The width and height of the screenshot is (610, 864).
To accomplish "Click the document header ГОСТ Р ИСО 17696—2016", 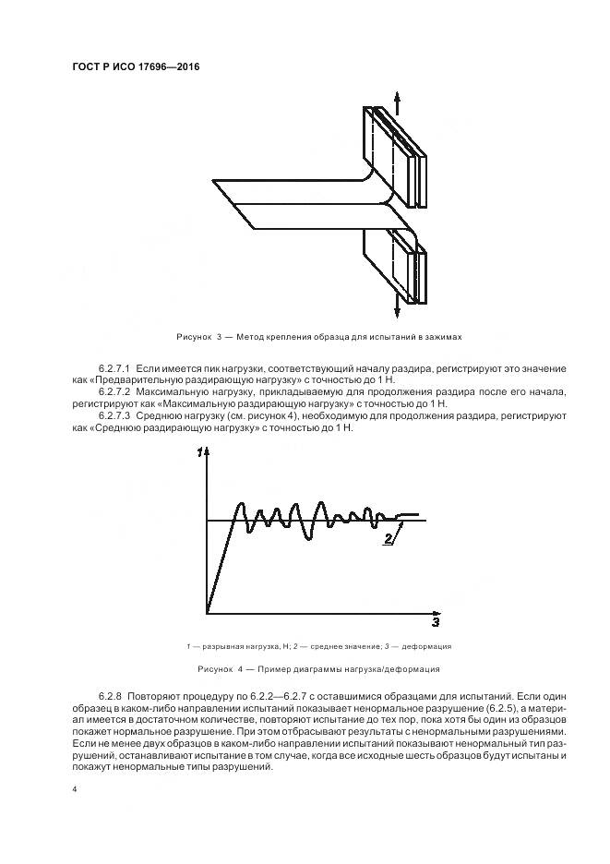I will point(135,67).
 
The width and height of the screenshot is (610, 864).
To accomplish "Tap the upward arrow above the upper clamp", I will point(397,99).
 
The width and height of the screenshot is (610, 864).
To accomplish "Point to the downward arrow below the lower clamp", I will point(397,312).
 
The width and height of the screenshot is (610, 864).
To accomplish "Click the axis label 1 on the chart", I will point(199,453).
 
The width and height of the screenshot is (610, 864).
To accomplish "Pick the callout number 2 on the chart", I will point(389,538).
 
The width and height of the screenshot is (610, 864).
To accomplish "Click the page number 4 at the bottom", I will point(74,789).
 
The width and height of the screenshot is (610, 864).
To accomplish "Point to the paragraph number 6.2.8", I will point(109,692).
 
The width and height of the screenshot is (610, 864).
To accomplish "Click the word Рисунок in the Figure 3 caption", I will point(193,338).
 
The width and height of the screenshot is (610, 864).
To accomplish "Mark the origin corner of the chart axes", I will point(207,612).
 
